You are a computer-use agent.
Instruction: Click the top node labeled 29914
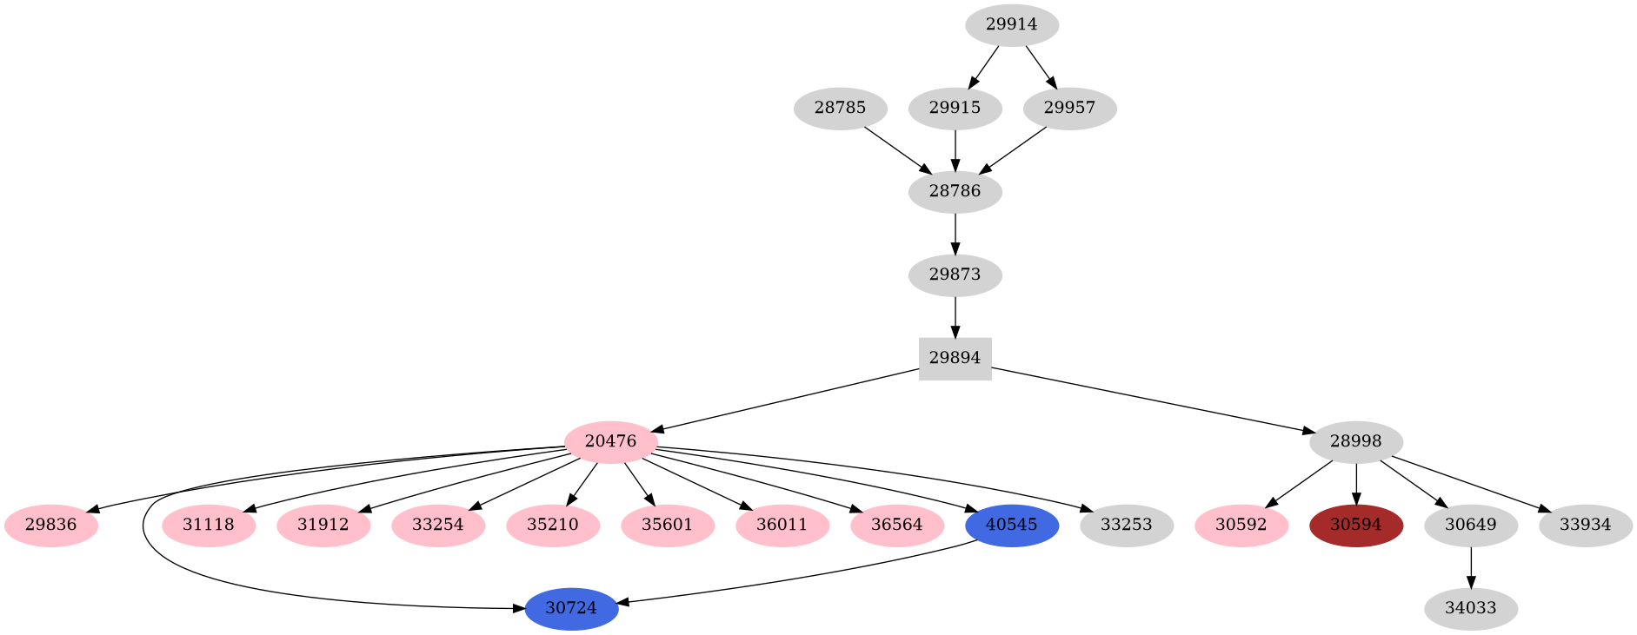pyautogui.click(x=1011, y=25)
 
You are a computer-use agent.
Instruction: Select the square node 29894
pyautogui.click(x=955, y=358)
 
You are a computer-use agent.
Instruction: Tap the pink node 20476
pyautogui.click(x=610, y=441)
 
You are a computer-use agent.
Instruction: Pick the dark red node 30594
pyautogui.click(x=1355, y=526)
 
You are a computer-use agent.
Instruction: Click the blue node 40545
pyautogui.click(x=1011, y=526)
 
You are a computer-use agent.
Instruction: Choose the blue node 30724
pyautogui.click(x=571, y=609)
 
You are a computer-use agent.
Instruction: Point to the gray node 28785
pyautogui.click(x=840, y=109)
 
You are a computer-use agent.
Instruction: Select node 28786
pyautogui.click(x=955, y=192)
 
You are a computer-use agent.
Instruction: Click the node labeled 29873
pyautogui.click(x=955, y=275)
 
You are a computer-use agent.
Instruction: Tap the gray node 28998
pyautogui.click(x=1355, y=441)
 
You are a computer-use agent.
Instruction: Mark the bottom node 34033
pyautogui.click(x=1470, y=609)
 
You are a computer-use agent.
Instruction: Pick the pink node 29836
pyautogui.click(x=50, y=526)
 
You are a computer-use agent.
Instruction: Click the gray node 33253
pyautogui.click(x=1126, y=526)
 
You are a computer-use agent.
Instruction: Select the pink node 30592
pyautogui.click(x=1241, y=526)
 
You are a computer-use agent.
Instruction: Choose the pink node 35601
pyautogui.click(x=667, y=526)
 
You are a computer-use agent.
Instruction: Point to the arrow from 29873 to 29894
pyautogui.click(x=955, y=317)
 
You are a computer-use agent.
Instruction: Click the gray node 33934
pyautogui.click(x=1585, y=526)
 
